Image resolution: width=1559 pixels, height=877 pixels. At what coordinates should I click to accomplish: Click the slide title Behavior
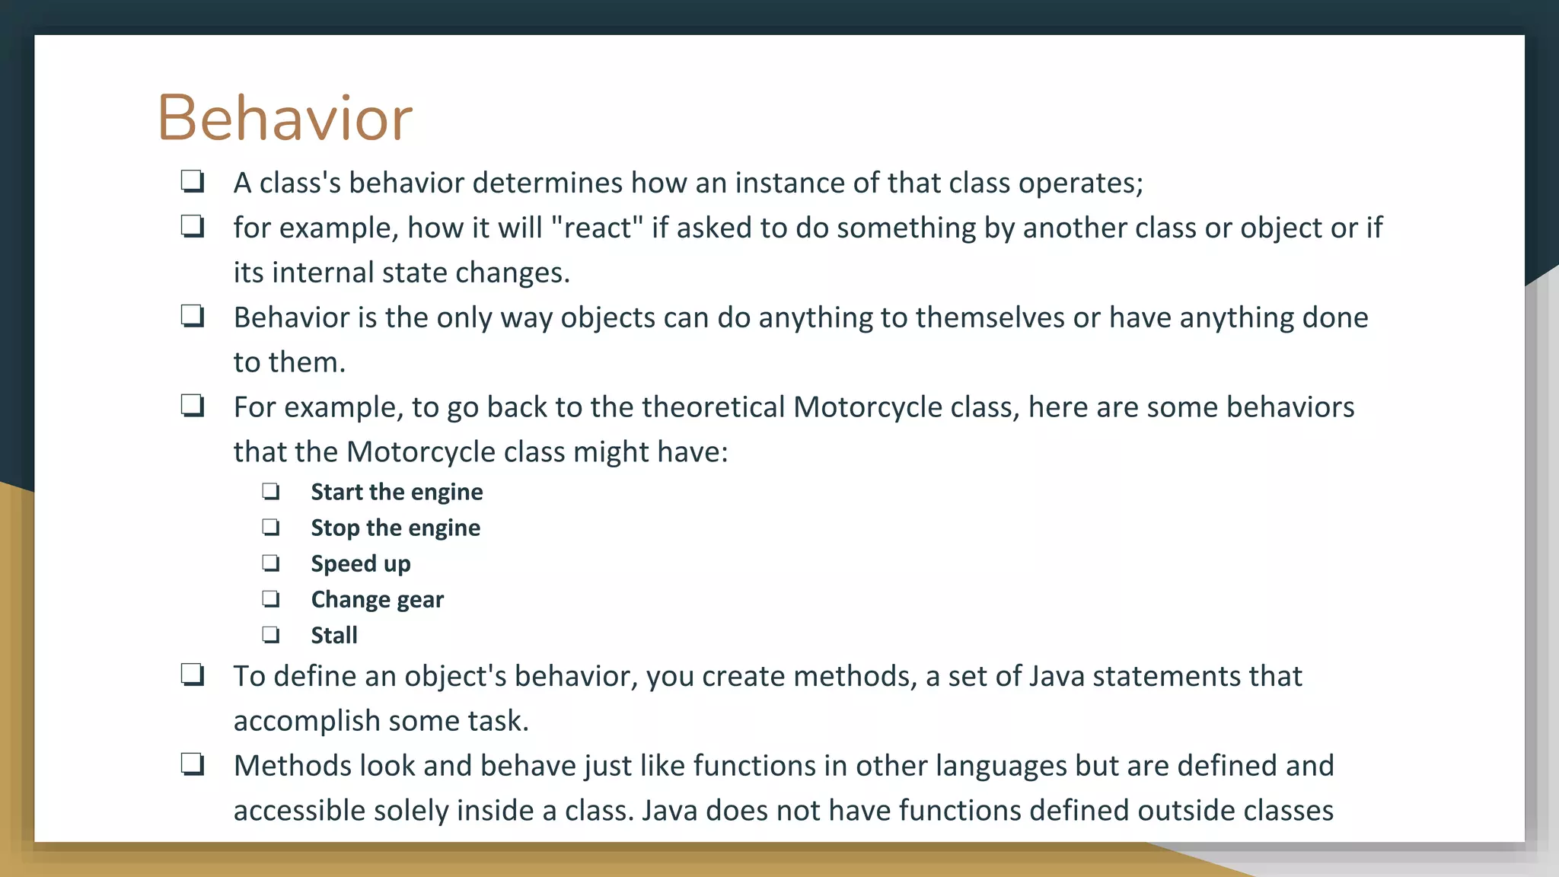tap(285, 118)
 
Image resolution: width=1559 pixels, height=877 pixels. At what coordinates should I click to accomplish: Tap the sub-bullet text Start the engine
tap(397, 492)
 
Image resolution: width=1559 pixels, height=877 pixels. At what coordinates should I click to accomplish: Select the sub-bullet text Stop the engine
tap(395, 528)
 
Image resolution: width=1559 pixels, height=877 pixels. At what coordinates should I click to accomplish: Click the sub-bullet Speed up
tap(361, 563)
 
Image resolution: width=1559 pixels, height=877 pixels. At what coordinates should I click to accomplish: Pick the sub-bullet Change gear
tap(377, 599)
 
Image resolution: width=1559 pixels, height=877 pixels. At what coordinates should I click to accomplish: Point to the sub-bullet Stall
tap(334, 635)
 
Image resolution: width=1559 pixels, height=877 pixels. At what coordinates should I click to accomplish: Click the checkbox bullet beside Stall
tap(271, 634)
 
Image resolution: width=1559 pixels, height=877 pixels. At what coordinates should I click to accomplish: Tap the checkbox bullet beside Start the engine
tap(271, 491)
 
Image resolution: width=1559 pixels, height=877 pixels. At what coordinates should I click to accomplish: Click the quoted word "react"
tap(597, 228)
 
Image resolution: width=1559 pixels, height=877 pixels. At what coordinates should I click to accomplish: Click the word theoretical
tap(713, 407)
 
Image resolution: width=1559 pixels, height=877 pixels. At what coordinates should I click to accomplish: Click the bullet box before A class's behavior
tap(193, 181)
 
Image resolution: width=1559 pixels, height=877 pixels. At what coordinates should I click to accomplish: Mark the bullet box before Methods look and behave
tap(193, 764)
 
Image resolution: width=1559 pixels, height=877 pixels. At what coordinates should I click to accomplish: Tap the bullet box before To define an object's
tap(193, 674)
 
